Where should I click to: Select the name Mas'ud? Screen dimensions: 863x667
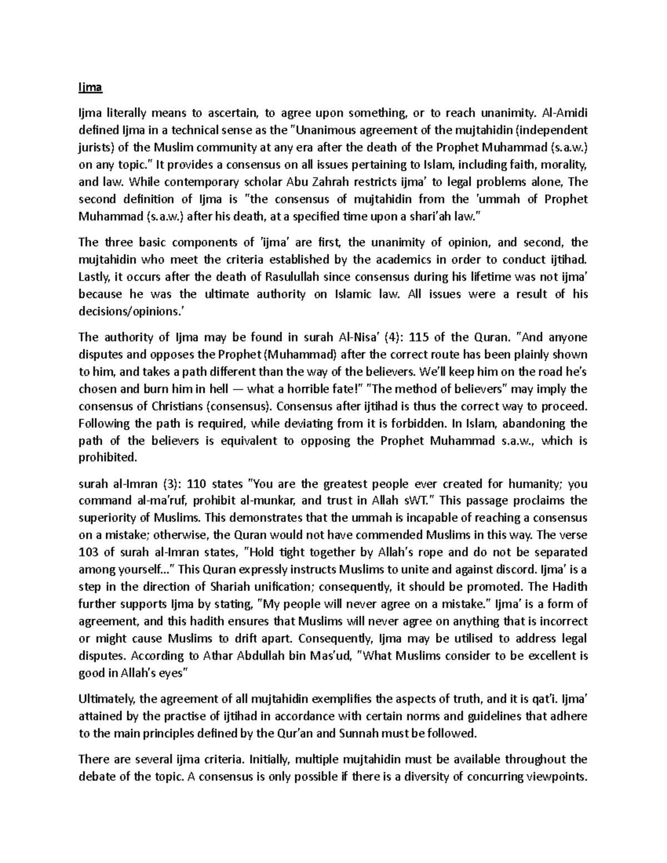331,656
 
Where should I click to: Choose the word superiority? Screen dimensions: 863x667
108,518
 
